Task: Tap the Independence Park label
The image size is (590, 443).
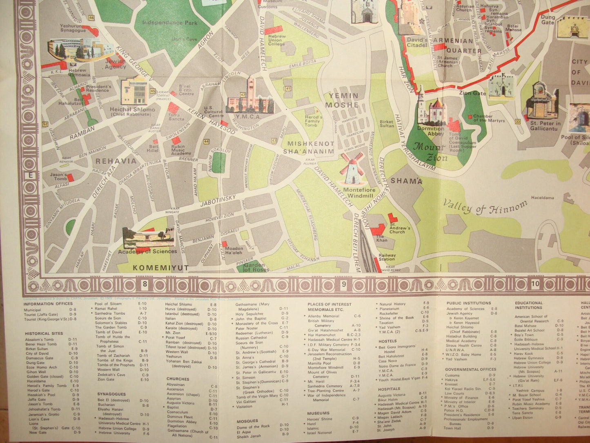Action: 170,23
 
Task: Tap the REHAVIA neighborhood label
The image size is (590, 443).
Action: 116,161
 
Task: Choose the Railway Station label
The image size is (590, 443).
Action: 387,257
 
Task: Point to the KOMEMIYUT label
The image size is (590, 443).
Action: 161,268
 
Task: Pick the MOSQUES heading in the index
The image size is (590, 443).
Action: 247,421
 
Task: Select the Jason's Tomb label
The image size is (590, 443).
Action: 58,177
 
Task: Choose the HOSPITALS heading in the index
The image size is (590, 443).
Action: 390,389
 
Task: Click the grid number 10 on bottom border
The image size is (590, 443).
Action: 535,284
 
